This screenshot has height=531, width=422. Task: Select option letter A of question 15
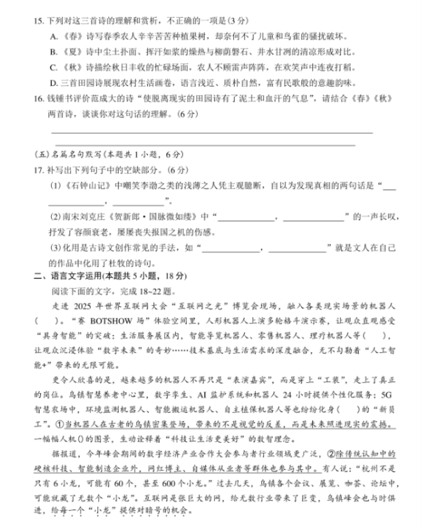(x=53, y=36)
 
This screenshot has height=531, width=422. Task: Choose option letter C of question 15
(x=53, y=67)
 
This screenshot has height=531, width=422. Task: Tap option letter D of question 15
(x=53, y=83)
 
